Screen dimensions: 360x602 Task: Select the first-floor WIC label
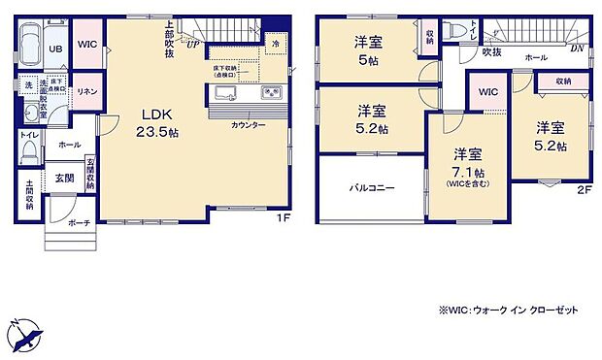tap(86, 45)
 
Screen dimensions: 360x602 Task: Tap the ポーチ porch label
tap(81, 223)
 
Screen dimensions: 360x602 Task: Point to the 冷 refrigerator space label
tap(275, 44)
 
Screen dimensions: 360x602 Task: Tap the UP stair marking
tap(192, 45)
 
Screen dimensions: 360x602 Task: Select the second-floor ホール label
tap(535, 58)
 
